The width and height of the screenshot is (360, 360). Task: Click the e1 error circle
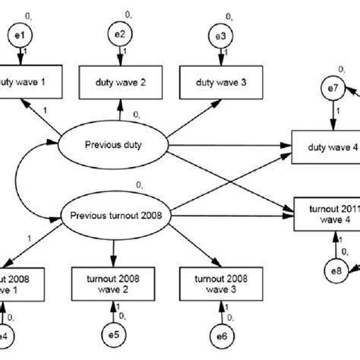(23, 35)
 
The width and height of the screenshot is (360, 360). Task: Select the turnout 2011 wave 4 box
(326, 213)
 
